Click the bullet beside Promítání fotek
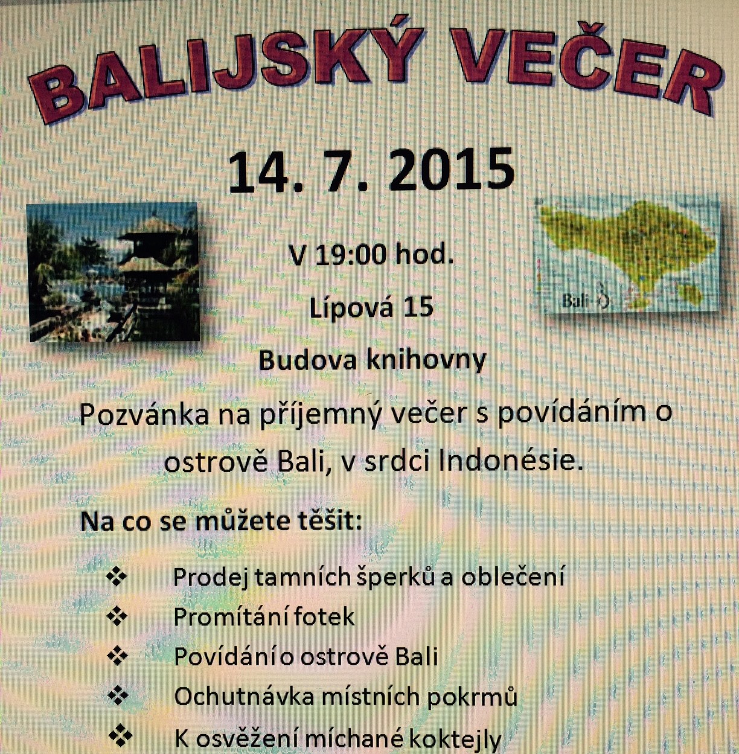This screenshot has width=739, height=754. [x=117, y=616]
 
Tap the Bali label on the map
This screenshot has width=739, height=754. [x=575, y=301]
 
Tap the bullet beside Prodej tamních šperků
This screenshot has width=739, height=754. [x=117, y=577]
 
